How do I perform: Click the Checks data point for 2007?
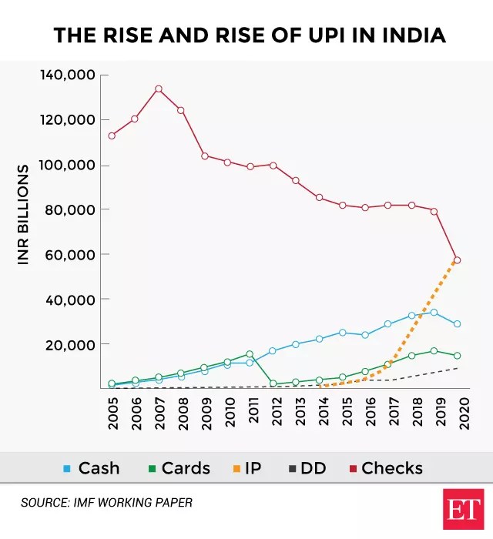(158, 89)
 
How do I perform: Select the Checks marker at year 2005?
(112, 136)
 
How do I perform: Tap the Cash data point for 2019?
(434, 313)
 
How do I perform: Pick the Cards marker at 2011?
(250, 354)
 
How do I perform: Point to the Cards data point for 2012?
(273, 383)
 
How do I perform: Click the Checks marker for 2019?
(434, 211)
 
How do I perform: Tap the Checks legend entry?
(385, 467)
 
